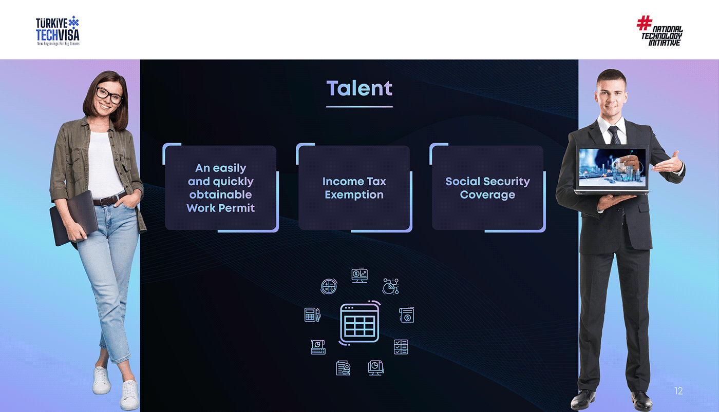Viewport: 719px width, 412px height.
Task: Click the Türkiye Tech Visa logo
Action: [58, 31]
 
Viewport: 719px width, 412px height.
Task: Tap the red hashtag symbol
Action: [644, 23]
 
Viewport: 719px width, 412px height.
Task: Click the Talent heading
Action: [359, 88]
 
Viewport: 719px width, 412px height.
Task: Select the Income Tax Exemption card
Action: [354, 188]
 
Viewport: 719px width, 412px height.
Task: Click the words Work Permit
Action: [220, 208]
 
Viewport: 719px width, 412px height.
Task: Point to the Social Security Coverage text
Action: [487, 188]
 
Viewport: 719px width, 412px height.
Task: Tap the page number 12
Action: [678, 391]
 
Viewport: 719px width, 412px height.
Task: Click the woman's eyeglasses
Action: [109, 95]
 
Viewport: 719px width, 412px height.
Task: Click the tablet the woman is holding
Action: [73, 218]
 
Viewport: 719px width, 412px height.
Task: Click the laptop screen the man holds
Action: [612, 167]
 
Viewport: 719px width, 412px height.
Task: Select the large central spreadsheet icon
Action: [359, 323]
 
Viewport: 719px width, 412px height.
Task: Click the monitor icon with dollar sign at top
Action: [359, 276]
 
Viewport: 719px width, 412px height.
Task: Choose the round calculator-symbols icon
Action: [329, 286]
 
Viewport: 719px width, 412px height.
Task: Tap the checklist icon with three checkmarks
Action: [401, 347]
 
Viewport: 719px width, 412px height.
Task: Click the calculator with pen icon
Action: [312, 315]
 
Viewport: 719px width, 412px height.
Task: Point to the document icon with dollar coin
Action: [407, 315]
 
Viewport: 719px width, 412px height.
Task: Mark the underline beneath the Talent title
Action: [359, 107]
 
